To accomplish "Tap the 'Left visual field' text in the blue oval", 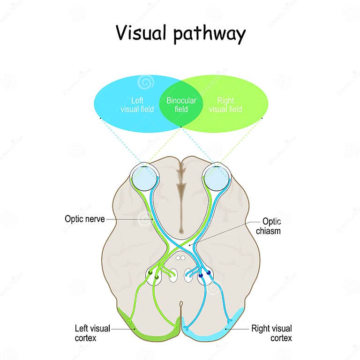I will click(137, 105).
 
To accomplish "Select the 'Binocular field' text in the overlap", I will click(181, 105).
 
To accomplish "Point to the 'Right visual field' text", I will click(225, 105).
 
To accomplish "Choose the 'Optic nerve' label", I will click(84, 219).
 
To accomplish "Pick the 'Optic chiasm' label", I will click(271, 226).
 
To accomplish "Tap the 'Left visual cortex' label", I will click(92, 332).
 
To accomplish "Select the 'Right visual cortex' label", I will click(271, 332).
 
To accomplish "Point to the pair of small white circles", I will click(180, 257).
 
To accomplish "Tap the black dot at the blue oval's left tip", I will click(100, 118).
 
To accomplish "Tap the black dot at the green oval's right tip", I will click(262, 118).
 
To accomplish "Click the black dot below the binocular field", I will click(181, 127).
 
